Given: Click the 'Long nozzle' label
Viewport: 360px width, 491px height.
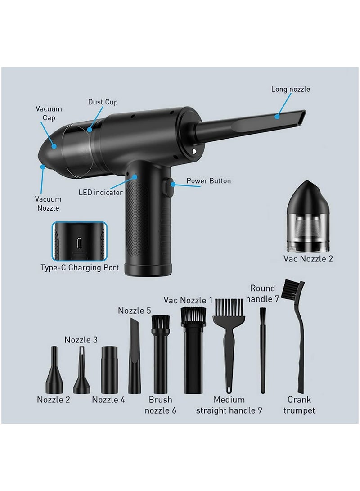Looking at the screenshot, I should point(290,89).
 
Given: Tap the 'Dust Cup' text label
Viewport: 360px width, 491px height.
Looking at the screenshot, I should point(103,102).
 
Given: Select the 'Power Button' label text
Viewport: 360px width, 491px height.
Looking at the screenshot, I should point(209,181).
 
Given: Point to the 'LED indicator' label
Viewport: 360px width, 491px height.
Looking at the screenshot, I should point(100,192).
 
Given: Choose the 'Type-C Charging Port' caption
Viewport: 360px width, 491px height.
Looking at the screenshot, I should point(80,268).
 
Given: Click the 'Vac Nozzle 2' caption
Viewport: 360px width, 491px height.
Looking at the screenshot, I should point(308,259).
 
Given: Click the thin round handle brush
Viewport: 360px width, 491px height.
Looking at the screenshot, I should point(263,349).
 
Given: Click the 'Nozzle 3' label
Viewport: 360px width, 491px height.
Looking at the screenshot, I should point(81,340).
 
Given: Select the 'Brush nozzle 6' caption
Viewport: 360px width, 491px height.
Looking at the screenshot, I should point(161,405).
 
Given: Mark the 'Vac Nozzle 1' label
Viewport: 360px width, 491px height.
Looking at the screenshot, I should point(188,300).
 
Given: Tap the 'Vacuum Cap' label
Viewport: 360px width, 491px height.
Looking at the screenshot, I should point(49,113).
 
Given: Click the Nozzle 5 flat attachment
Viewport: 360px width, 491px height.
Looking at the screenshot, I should point(135,356).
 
